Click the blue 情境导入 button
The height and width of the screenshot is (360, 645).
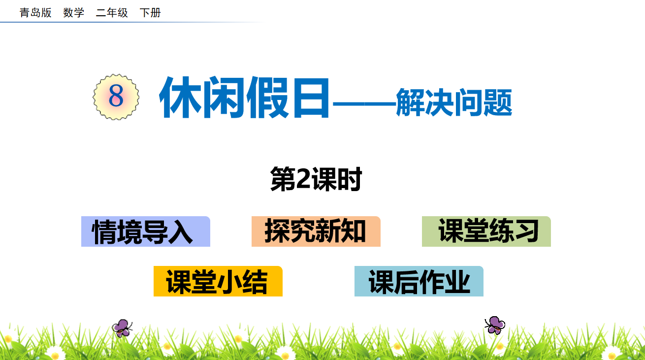click(x=146, y=231)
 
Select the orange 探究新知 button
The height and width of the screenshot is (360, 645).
click(x=316, y=231)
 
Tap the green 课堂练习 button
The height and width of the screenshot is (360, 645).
click(x=486, y=231)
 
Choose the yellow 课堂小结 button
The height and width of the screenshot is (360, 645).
click(x=218, y=281)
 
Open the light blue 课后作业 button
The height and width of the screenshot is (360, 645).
click(x=419, y=281)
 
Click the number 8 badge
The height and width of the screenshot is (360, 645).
click(x=116, y=97)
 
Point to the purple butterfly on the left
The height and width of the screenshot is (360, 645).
click(x=122, y=328)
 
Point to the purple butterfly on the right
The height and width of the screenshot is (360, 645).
click(x=495, y=325)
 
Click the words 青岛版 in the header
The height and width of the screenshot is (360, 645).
click(x=35, y=13)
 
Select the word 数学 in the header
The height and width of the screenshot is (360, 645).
click(x=74, y=13)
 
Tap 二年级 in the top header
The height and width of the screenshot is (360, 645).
click(x=112, y=13)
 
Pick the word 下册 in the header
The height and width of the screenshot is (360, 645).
click(x=150, y=13)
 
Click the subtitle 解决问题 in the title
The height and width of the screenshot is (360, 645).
click(x=454, y=102)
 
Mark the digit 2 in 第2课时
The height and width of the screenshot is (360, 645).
click(x=303, y=179)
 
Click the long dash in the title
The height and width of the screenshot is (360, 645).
click(x=364, y=104)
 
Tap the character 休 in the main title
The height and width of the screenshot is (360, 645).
click(x=181, y=98)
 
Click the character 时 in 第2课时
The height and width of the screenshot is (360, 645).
click(x=349, y=179)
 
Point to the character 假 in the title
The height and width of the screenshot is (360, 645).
click(x=267, y=98)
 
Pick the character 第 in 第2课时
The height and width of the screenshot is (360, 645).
click(x=283, y=179)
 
